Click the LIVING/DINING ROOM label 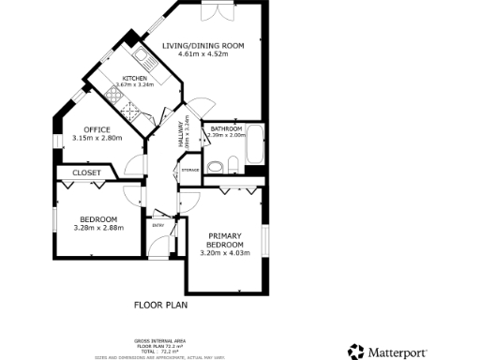[202, 46]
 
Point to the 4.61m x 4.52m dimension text [202, 55]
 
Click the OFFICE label [97, 129]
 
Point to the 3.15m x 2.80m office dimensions [97, 139]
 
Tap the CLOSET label [86, 172]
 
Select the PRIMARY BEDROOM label [225, 240]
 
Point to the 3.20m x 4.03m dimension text [225, 252]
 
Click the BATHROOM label [226, 128]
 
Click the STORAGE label [190, 170]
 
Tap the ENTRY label [157, 225]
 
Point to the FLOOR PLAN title [162, 305]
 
